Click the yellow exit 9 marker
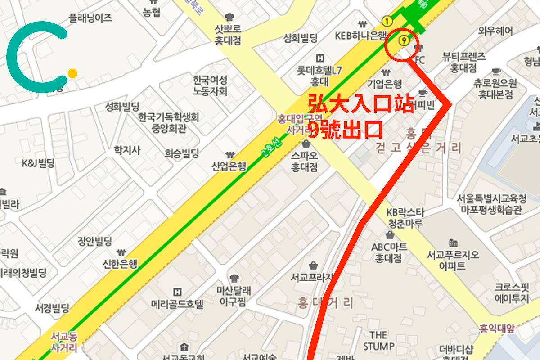click(x=404, y=40)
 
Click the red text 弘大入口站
click(x=360, y=104)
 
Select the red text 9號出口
click(x=345, y=130)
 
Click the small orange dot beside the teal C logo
click(x=72, y=73)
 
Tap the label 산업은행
click(x=229, y=166)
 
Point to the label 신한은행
click(x=120, y=263)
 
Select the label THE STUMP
click(x=378, y=341)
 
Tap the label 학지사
click(x=127, y=150)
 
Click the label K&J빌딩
click(x=38, y=163)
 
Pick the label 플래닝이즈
click(x=90, y=18)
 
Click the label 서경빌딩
click(x=52, y=309)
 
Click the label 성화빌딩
click(x=122, y=107)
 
